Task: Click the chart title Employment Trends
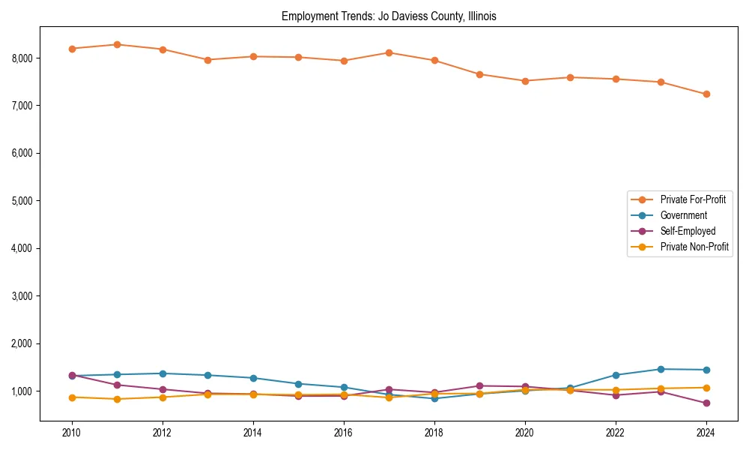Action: click(389, 16)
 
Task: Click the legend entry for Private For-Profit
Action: click(688, 199)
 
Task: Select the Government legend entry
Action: click(683, 215)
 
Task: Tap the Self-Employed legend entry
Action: click(688, 231)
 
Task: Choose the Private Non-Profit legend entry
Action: click(694, 247)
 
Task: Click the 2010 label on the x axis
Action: click(72, 433)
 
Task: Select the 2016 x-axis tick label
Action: click(343, 433)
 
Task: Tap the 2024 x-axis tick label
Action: click(706, 433)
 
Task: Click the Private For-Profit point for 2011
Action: click(118, 44)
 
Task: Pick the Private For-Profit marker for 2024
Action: click(706, 94)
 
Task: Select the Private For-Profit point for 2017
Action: click(389, 52)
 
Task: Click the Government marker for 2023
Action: click(661, 369)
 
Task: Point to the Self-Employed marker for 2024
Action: click(706, 403)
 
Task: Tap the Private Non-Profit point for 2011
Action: click(118, 399)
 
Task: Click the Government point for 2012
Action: click(163, 373)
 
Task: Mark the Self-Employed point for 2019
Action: click(479, 385)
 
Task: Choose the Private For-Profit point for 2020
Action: click(524, 81)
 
